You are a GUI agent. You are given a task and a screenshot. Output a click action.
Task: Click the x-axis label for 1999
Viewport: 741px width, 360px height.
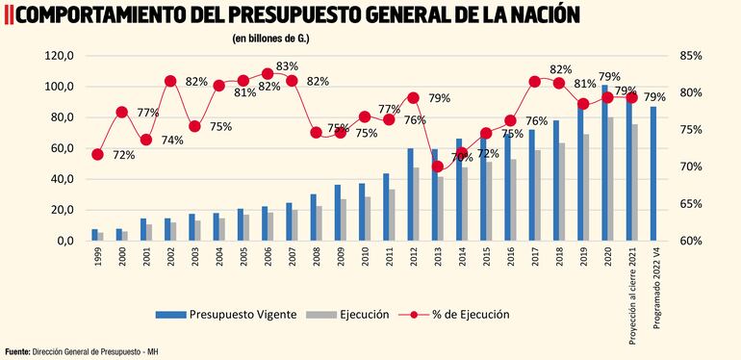click(x=97, y=258)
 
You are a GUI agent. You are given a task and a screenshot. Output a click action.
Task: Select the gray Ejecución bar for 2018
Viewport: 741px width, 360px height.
click(x=561, y=192)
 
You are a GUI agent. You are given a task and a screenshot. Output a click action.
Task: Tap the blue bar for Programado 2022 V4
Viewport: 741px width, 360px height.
click(x=654, y=173)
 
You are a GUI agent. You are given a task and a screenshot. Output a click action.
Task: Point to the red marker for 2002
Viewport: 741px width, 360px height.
click(x=170, y=81)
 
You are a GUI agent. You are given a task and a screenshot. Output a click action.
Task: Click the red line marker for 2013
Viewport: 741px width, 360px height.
click(x=438, y=167)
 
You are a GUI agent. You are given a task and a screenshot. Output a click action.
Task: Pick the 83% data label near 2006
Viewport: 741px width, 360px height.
click(x=287, y=66)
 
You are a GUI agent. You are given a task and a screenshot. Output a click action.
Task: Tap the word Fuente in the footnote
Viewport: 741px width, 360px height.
click(x=16, y=350)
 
